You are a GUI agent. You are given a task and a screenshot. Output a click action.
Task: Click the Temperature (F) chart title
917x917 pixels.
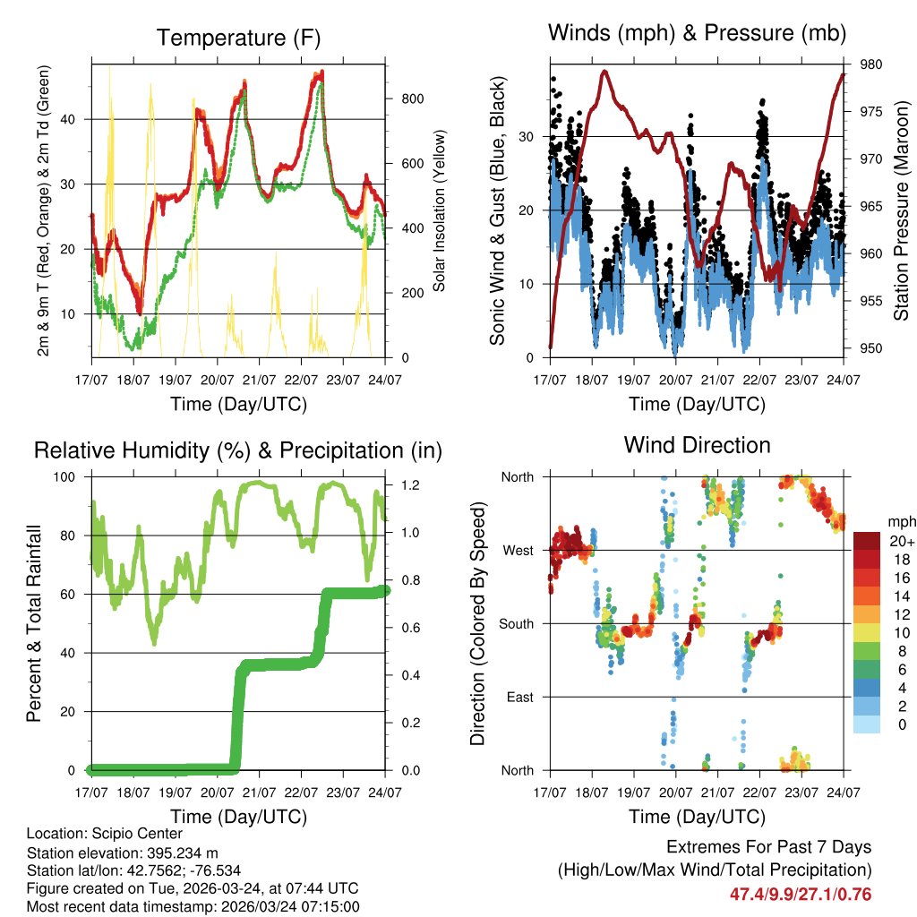point(238,39)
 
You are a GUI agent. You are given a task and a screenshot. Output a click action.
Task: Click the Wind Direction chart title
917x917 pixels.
point(697,445)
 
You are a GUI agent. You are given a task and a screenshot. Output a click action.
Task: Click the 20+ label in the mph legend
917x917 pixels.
point(901,541)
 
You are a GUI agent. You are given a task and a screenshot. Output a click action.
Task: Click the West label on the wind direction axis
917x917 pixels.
point(518,550)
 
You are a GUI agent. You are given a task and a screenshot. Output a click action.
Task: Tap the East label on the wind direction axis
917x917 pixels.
point(520,697)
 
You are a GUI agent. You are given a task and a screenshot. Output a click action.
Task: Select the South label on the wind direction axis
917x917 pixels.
point(517,623)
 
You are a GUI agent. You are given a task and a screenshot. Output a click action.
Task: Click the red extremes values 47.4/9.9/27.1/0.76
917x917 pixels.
point(801,894)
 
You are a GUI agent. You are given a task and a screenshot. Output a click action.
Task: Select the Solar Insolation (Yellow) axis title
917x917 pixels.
point(440,210)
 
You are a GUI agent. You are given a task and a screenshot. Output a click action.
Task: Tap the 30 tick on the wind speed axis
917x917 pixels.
point(529,136)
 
